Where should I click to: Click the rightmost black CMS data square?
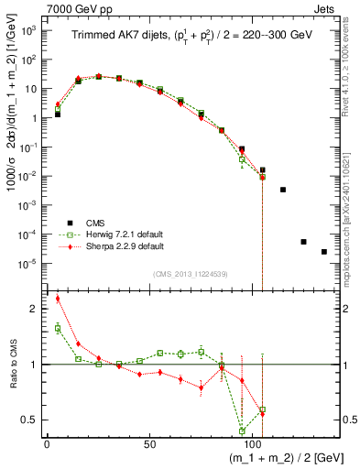(324, 252)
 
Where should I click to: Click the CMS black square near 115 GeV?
(283, 190)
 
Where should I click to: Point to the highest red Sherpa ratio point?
(58, 299)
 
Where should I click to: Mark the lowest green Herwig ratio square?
(242, 431)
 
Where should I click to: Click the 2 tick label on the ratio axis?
(35, 309)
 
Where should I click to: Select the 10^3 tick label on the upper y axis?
(29, 30)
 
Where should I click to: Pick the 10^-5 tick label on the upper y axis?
(29, 264)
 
